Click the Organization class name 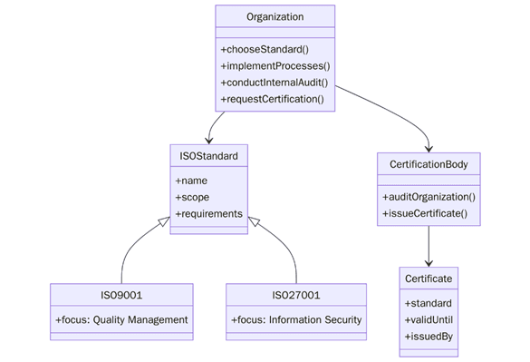[x=275, y=17]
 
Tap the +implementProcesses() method [x=275, y=65]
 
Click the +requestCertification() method [x=272, y=98]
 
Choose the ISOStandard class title [x=208, y=156]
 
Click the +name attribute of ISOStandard [x=191, y=181]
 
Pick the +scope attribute [x=192, y=197]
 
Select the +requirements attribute [x=208, y=213]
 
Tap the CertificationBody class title [x=429, y=164]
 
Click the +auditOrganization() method [x=429, y=197]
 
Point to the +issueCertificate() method [x=425, y=213]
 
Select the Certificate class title [x=429, y=278]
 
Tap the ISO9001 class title [x=121, y=295]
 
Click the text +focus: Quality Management [x=121, y=319]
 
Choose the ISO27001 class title [x=296, y=295]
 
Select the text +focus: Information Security [x=296, y=319]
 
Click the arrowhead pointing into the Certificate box [x=429, y=260]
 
